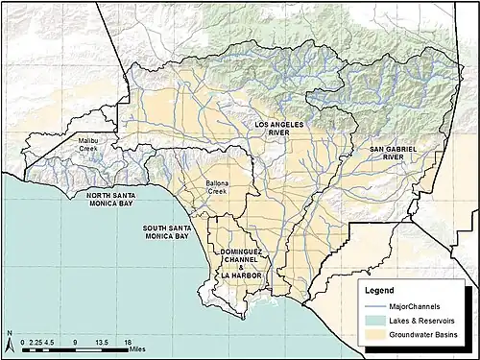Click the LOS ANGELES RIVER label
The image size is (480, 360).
tap(279, 132)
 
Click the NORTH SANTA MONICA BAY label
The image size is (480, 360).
tap(112, 203)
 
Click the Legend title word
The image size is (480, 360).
tap(381, 289)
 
